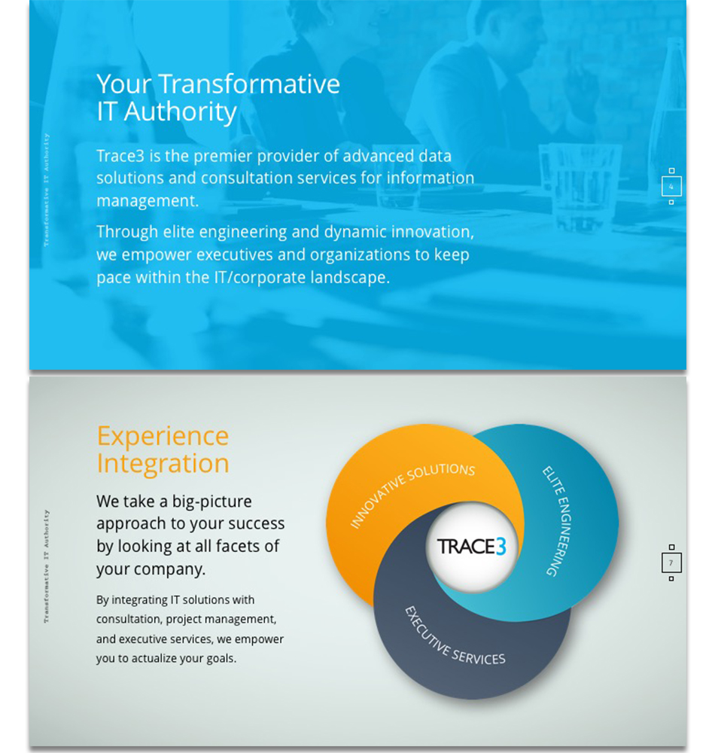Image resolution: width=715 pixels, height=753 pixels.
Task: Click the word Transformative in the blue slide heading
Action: tap(249, 84)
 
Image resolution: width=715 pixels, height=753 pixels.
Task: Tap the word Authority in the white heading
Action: tap(181, 112)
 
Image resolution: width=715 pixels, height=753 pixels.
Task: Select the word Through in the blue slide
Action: tap(127, 232)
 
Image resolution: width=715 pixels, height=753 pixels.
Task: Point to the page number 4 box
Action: tap(671, 186)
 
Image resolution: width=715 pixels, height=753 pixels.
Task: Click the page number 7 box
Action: tap(671, 562)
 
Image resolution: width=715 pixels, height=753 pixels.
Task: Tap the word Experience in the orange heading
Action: tap(163, 436)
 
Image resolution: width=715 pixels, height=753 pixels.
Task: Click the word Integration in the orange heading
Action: tap(163, 464)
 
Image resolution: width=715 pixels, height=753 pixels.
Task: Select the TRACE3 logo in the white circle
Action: tap(472, 547)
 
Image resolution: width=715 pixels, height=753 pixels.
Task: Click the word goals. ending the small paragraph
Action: tap(221, 659)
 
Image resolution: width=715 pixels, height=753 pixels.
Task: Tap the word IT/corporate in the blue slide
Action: tap(260, 278)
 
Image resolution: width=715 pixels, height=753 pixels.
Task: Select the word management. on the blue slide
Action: tap(148, 201)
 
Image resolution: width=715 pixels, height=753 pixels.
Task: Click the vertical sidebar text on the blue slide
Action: tap(47, 191)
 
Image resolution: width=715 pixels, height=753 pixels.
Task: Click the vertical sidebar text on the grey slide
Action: tap(47, 567)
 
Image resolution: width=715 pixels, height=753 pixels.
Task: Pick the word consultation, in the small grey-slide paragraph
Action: tap(128, 620)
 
